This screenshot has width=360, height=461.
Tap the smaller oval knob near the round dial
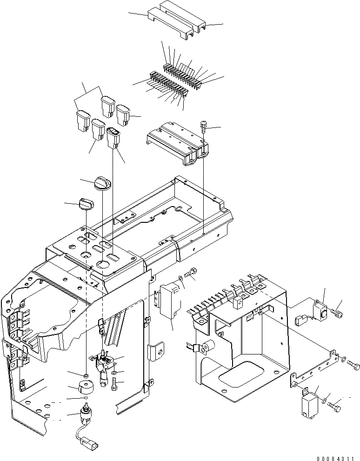click(87, 203)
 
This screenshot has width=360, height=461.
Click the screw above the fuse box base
click(203, 124)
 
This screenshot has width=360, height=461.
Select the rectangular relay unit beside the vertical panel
click(169, 301)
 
